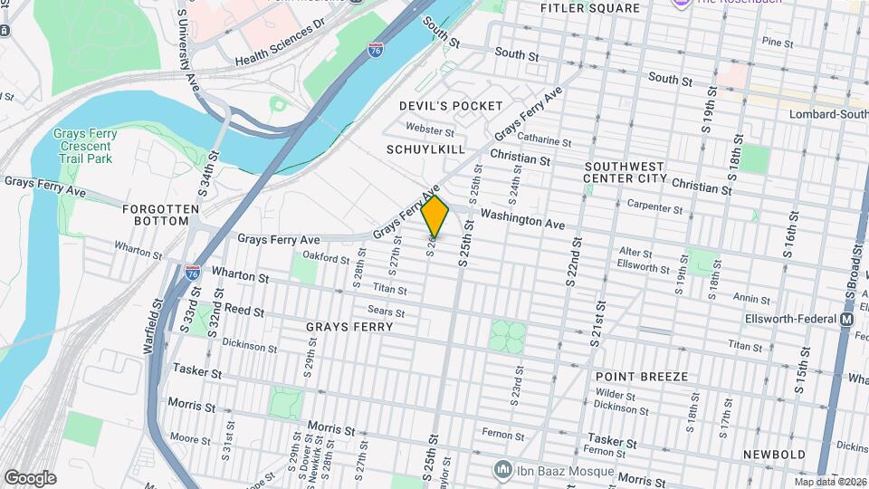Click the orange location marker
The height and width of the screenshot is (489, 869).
click(x=435, y=215)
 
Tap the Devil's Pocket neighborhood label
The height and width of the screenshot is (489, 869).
click(x=451, y=106)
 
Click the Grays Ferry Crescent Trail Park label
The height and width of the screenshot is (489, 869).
click(x=84, y=146)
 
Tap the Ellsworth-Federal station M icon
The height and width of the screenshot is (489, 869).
click(x=846, y=320)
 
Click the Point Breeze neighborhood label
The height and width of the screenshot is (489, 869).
click(x=642, y=376)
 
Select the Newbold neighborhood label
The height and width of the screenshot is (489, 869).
click(x=774, y=454)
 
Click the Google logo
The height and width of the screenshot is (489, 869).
click(x=30, y=477)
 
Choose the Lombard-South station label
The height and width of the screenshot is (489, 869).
click(x=828, y=114)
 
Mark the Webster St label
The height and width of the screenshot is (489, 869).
click(x=429, y=129)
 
